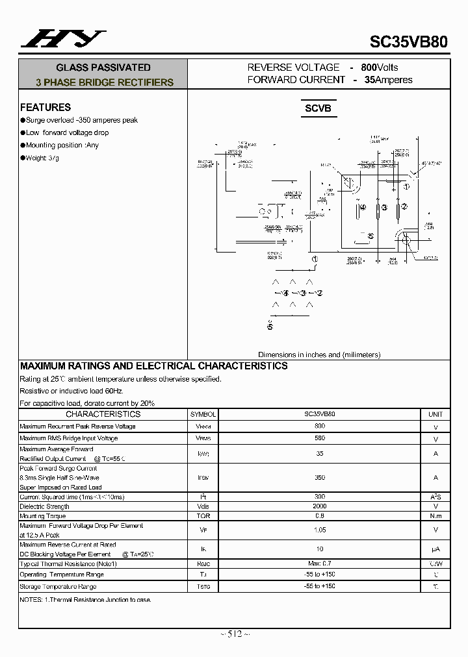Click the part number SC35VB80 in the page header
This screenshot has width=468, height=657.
click(x=408, y=42)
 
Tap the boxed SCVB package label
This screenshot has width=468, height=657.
click(x=318, y=108)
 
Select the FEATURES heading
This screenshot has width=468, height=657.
click(x=45, y=107)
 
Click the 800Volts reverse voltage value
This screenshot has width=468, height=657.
click(x=380, y=68)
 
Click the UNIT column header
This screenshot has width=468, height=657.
click(x=435, y=414)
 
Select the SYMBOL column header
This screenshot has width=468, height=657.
click(x=203, y=414)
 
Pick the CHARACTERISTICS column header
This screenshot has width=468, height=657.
click(x=103, y=414)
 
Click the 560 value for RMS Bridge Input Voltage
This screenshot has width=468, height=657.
click(x=319, y=438)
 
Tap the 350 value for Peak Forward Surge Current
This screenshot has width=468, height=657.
click(x=319, y=477)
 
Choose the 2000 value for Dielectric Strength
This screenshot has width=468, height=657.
click(x=319, y=506)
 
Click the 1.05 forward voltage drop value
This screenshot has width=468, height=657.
click(x=319, y=530)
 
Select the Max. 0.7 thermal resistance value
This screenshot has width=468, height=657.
click(x=319, y=564)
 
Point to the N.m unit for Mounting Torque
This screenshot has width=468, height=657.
click(x=435, y=516)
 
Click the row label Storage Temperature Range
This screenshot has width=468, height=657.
click(x=62, y=587)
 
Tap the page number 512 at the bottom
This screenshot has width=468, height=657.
click(x=235, y=634)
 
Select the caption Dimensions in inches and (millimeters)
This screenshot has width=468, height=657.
click(x=319, y=354)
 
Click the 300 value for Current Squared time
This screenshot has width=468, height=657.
click(x=319, y=497)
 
